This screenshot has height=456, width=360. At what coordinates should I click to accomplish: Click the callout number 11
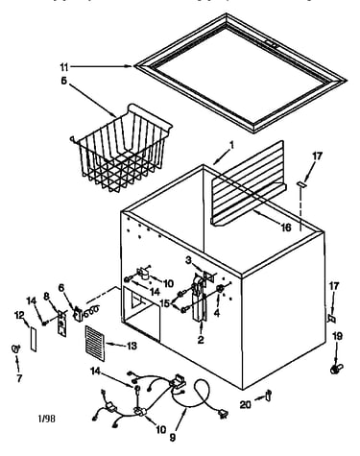click(x=64, y=67)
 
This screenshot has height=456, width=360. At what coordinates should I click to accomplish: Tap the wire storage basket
click(x=121, y=148)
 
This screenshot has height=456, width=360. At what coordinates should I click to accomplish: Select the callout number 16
click(x=286, y=228)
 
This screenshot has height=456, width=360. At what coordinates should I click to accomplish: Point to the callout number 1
click(x=232, y=146)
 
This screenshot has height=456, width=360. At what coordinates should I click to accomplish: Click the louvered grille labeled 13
click(x=95, y=344)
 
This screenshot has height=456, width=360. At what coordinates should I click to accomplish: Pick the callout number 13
click(x=132, y=346)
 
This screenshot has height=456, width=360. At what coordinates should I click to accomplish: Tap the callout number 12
click(x=19, y=316)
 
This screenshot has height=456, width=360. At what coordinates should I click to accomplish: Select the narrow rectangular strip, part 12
click(x=34, y=339)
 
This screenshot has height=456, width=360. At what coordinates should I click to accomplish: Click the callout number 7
click(x=19, y=378)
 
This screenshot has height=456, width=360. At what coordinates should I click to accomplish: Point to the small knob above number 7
click(x=15, y=348)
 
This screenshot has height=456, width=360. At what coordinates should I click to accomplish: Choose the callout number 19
click(x=337, y=336)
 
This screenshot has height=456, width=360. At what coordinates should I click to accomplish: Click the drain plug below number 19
click(x=336, y=369)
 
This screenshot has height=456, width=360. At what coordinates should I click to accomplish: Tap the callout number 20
click(x=246, y=405)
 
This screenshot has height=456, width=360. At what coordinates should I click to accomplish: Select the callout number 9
click(x=173, y=437)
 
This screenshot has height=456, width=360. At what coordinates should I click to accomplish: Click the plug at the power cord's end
click(x=223, y=415)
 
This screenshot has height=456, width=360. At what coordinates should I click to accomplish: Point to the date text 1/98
click(x=47, y=419)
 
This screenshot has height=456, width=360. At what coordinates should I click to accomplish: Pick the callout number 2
click(x=201, y=340)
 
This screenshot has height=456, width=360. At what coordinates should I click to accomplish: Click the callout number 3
click(x=188, y=260)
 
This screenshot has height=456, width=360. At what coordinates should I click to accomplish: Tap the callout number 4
click(x=217, y=313)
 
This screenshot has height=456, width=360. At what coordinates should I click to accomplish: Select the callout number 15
click(x=165, y=302)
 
